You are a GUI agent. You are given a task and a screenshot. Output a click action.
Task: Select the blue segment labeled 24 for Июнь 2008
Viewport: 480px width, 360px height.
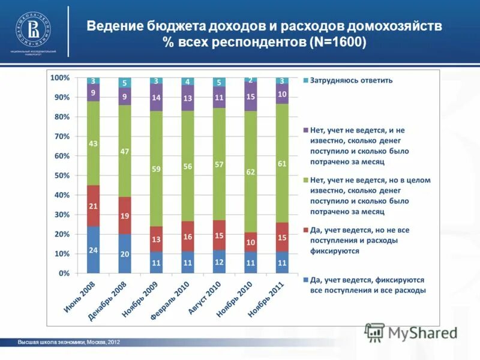coord(94,250)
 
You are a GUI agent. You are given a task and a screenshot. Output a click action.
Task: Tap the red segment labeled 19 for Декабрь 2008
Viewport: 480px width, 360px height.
coord(125,215)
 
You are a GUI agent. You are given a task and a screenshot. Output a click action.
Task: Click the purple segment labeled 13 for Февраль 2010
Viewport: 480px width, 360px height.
coord(187,98)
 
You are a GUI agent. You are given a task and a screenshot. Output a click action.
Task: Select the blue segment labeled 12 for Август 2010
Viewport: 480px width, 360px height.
coord(219,262)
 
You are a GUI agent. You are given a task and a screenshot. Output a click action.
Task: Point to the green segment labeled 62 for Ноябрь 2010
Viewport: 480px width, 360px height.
coord(250,171)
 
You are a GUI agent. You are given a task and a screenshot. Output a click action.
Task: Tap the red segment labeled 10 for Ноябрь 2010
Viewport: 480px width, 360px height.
coord(250,242)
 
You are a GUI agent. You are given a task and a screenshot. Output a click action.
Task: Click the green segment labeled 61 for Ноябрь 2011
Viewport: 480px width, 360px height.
coord(281,163)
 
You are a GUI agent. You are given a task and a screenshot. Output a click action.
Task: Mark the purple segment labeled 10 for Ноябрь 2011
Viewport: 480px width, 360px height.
coord(281,94)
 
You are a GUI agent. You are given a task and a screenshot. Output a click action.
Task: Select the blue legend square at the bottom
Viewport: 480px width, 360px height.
coord(305,280)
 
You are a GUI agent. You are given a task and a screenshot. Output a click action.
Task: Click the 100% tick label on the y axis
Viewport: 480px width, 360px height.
coord(60,78)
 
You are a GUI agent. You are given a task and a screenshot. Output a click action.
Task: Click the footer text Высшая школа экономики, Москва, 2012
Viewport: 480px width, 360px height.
coord(69,342)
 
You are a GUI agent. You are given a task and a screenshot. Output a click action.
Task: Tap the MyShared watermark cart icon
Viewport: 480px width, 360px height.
coord(374,332)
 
